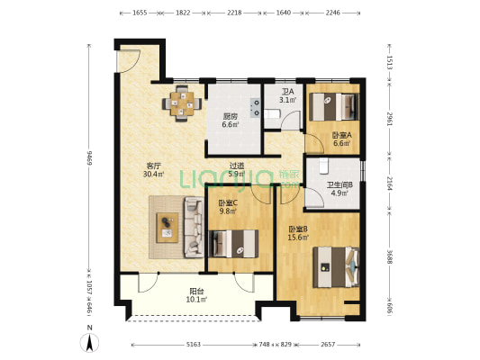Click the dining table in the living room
click(182, 103)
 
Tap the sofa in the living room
click(194, 228)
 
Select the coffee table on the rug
click(168, 228)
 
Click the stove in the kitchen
click(255, 108)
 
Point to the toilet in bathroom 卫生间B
click(323, 166)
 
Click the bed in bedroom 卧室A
click(334, 107)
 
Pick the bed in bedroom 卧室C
click(233, 244)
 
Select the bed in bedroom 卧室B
click(336, 267)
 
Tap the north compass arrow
click(89, 343)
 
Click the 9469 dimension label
click(89, 157)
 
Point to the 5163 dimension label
click(194, 345)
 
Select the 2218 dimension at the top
click(234, 13)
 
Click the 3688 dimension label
click(389, 256)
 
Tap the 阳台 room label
click(197, 292)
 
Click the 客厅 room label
click(154, 166)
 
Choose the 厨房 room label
click(231, 116)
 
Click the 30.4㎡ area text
click(153, 175)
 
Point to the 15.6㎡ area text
click(298, 237)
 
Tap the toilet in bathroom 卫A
click(272, 114)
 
